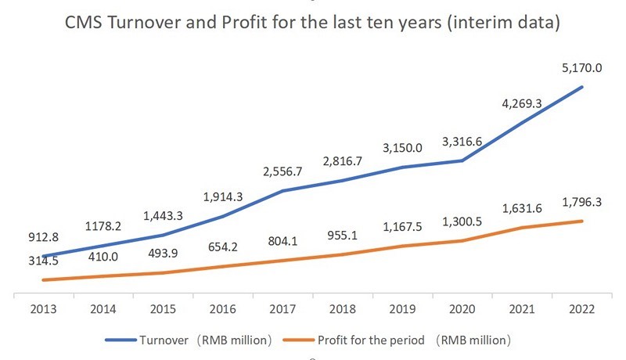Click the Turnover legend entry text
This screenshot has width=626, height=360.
[x=207, y=340]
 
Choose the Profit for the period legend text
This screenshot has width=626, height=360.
[x=414, y=340]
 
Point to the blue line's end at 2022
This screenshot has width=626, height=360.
[x=582, y=86]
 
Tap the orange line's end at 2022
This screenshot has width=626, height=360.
[x=582, y=221]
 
